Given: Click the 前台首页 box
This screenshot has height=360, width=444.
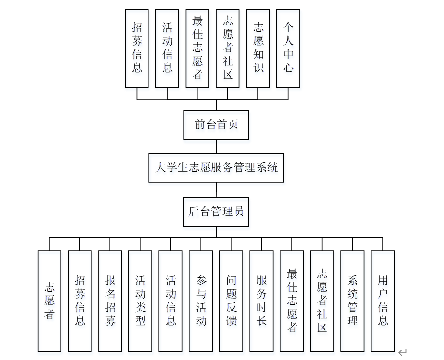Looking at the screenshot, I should [x=216, y=125].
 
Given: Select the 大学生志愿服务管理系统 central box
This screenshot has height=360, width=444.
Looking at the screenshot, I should [x=216, y=167].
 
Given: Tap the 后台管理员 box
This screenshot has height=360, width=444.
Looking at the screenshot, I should [x=216, y=212].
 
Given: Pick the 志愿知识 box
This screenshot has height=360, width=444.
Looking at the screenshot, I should [x=258, y=48].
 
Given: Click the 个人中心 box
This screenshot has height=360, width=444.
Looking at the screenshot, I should [x=288, y=48].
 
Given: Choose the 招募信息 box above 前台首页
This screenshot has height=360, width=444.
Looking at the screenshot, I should [x=137, y=48].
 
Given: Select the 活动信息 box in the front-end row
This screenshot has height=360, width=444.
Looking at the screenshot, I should [x=167, y=48].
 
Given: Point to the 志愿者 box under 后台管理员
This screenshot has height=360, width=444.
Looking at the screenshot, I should [x=49, y=301].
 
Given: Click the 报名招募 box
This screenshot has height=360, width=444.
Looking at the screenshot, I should [x=110, y=301].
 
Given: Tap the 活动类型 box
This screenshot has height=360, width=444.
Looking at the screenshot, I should [x=140, y=301].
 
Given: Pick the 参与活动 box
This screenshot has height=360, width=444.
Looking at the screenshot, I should [x=201, y=301].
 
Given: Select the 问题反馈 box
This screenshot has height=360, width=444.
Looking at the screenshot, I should [x=231, y=301].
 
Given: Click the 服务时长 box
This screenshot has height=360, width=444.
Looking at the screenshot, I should [x=261, y=301].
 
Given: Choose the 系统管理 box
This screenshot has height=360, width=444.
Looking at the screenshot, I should [x=352, y=301].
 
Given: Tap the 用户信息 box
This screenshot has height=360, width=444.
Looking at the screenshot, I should [x=383, y=301].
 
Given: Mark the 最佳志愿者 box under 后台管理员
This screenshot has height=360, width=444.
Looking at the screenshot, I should [x=292, y=301].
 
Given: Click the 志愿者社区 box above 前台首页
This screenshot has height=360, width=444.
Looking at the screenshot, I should [x=227, y=48].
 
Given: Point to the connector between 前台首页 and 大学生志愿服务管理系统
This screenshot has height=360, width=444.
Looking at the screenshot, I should [x=216, y=146].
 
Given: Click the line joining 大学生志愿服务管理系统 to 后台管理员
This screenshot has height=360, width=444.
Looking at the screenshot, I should [x=216, y=190].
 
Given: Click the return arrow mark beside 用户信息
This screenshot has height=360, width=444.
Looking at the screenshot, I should [x=403, y=352].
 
